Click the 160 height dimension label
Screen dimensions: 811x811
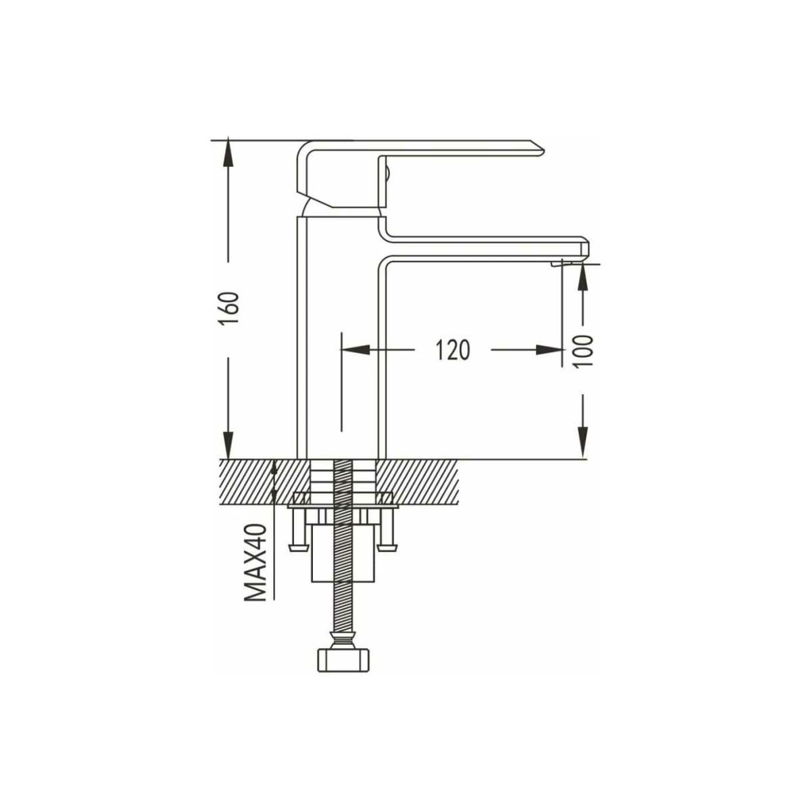click(x=229, y=307)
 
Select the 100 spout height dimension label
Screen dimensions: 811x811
click(x=584, y=351)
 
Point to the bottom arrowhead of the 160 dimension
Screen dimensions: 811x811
click(x=228, y=444)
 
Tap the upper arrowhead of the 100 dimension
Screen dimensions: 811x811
click(x=583, y=278)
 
